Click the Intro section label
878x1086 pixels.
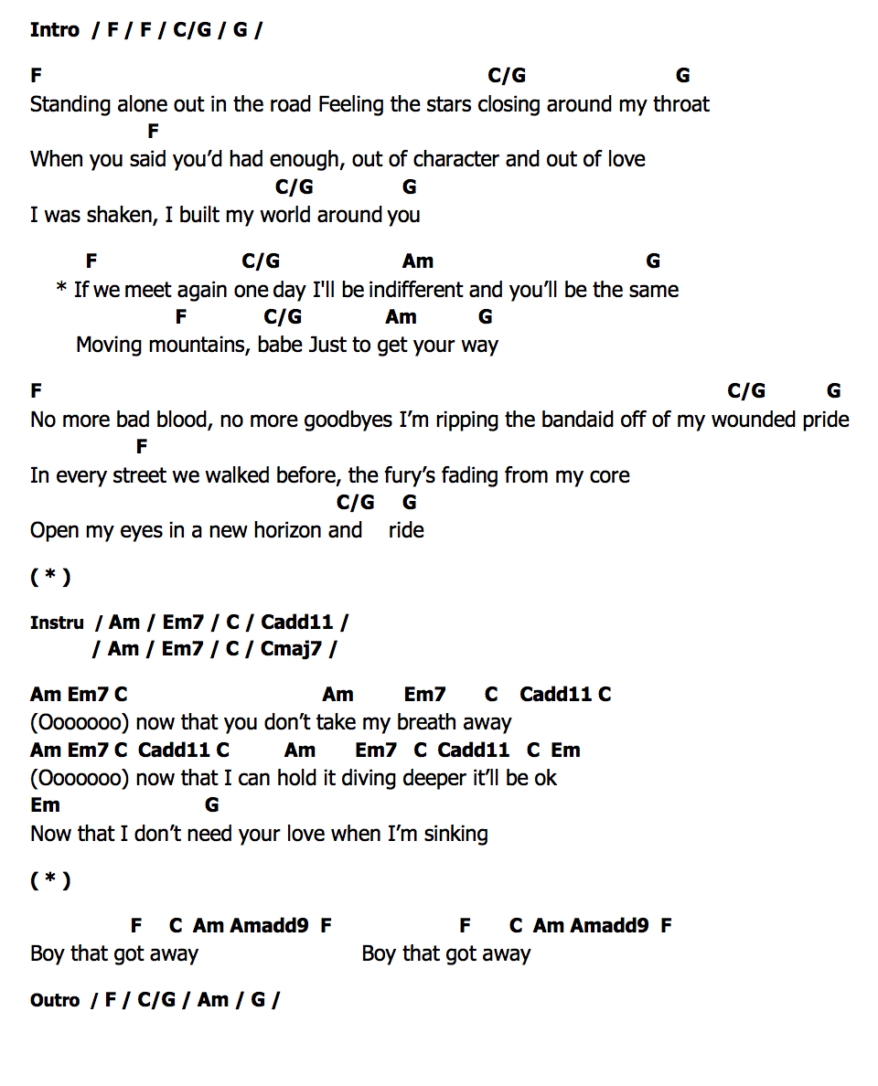pyautogui.click(x=55, y=30)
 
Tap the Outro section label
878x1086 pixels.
pyautogui.click(x=55, y=1000)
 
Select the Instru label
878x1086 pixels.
pyautogui.click(x=57, y=623)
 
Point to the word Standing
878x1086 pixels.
pyautogui.click(x=70, y=105)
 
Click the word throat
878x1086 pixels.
pyautogui.click(x=681, y=105)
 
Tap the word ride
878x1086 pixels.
pyautogui.click(x=406, y=531)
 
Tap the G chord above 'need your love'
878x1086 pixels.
pyautogui.click(x=212, y=805)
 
